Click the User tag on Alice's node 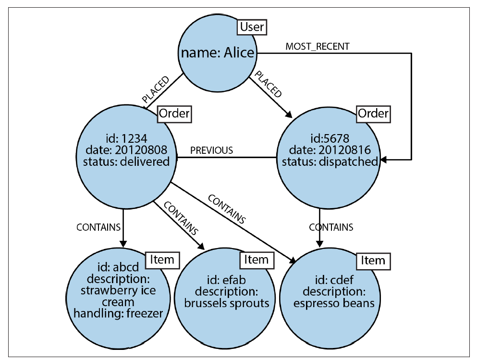(x=252, y=27)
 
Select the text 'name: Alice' (x=218, y=53)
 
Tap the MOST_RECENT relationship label (x=318, y=47)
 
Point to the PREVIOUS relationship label (x=212, y=150)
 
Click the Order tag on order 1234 (x=174, y=114)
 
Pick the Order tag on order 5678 (x=373, y=114)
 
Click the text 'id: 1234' (x=126, y=139)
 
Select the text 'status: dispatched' (x=330, y=161)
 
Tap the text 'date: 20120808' (x=126, y=150)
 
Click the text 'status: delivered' (x=126, y=161)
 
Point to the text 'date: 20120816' (x=330, y=150)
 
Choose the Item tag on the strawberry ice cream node (x=162, y=260)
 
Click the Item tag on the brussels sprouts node (x=257, y=260)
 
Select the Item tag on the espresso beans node (x=373, y=261)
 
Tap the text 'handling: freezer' (x=118, y=313)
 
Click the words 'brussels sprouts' (x=227, y=303)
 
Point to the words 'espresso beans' (x=334, y=303)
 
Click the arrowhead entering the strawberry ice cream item (x=123, y=244)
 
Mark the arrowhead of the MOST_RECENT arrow (x=384, y=160)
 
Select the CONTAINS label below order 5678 (x=331, y=227)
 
